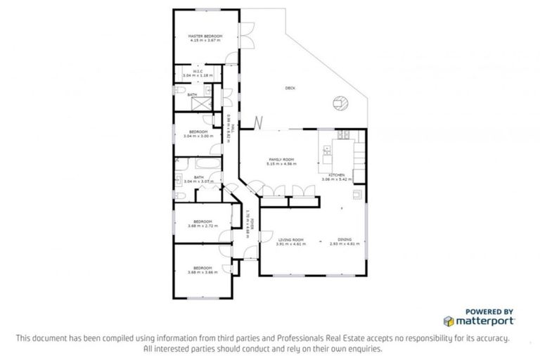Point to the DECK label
(290, 88)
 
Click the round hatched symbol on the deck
(341, 103)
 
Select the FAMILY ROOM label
(281, 160)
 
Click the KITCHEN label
(336, 175)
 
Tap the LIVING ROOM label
(289, 240)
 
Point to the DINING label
(345, 240)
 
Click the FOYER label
(251, 224)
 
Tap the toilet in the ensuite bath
(179, 94)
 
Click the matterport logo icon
(449, 321)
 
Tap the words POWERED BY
(489, 311)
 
